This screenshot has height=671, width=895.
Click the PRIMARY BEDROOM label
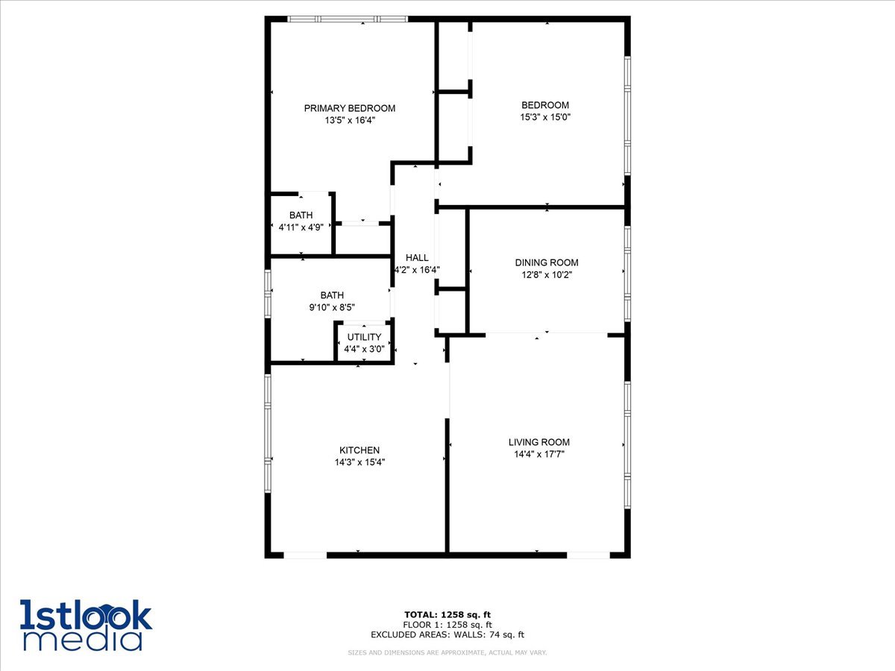tap(349, 108)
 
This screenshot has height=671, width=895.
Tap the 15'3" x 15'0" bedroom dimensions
tap(544, 117)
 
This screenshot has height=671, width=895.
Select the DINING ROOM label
tap(546, 262)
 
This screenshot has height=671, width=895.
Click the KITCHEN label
tap(359, 450)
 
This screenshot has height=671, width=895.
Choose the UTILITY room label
tap(364, 338)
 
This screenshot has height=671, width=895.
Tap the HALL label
tap(417, 258)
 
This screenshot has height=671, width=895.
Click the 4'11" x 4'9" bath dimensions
tap(301, 227)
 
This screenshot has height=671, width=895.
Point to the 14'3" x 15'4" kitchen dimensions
tap(359, 462)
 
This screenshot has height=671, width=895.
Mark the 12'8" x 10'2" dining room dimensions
tap(546, 274)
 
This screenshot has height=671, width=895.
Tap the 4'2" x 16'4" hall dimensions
tap(417, 270)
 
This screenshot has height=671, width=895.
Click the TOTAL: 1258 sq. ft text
tap(447, 614)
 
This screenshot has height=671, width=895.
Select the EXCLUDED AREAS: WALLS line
tap(447, 635)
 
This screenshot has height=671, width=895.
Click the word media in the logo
tap(82, 640)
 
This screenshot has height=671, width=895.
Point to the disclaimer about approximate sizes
tap(447, 653)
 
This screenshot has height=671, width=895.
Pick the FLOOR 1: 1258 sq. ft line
tap(447, 625)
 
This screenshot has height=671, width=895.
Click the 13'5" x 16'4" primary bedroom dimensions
tap(349, 120)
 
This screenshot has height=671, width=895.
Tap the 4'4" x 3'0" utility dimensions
tap(364, 349)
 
